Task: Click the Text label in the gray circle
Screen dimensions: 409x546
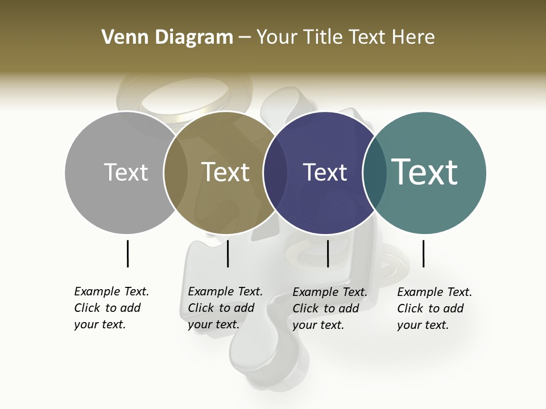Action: point(126,172)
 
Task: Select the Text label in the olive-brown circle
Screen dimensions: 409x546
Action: point(226,172)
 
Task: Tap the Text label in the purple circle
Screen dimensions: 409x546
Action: point(325,172)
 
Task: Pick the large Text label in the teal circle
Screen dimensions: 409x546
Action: point(425,172)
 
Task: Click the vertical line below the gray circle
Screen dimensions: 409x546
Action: point(127,253)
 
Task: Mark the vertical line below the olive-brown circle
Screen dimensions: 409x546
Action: point(227,253)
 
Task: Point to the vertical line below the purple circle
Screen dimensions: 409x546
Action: point(328,253)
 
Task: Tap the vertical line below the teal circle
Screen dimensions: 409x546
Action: point(423,253)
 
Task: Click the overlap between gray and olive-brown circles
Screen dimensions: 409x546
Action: point(176,173)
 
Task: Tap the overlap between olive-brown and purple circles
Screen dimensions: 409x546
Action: point(275,173)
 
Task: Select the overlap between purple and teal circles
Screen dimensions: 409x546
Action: point(375,173)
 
